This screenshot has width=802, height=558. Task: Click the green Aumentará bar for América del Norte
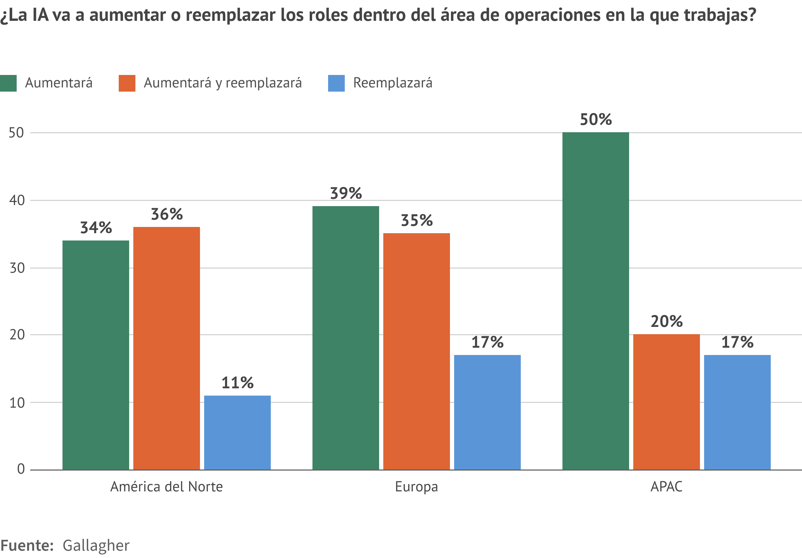point(96,355)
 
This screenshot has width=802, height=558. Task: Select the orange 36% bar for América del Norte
point(167,348)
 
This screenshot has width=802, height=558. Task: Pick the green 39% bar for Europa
point(345,338)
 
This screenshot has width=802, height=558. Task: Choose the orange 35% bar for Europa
point(416,351)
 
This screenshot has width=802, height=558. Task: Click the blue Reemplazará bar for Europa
point(487,412)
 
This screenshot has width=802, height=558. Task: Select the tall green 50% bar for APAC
point(595,301)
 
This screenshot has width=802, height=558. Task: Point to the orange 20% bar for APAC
point(667,401)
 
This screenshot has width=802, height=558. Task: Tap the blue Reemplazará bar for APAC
point(737,412)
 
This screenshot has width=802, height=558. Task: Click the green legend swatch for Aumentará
point(8,83)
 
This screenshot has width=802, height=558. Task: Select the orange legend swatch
point(127,83)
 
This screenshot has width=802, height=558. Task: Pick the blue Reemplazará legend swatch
point(336,83)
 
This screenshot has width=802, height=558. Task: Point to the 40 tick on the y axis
point(17,201)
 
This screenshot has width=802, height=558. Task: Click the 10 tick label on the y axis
point(17,403)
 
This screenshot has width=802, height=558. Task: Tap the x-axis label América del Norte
point(167,487)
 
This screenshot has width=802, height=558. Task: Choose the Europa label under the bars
point(416,487)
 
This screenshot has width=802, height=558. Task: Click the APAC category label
point(666,487)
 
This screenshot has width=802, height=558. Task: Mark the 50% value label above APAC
point(596,120)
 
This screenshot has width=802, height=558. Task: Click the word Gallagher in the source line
point(96,546)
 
